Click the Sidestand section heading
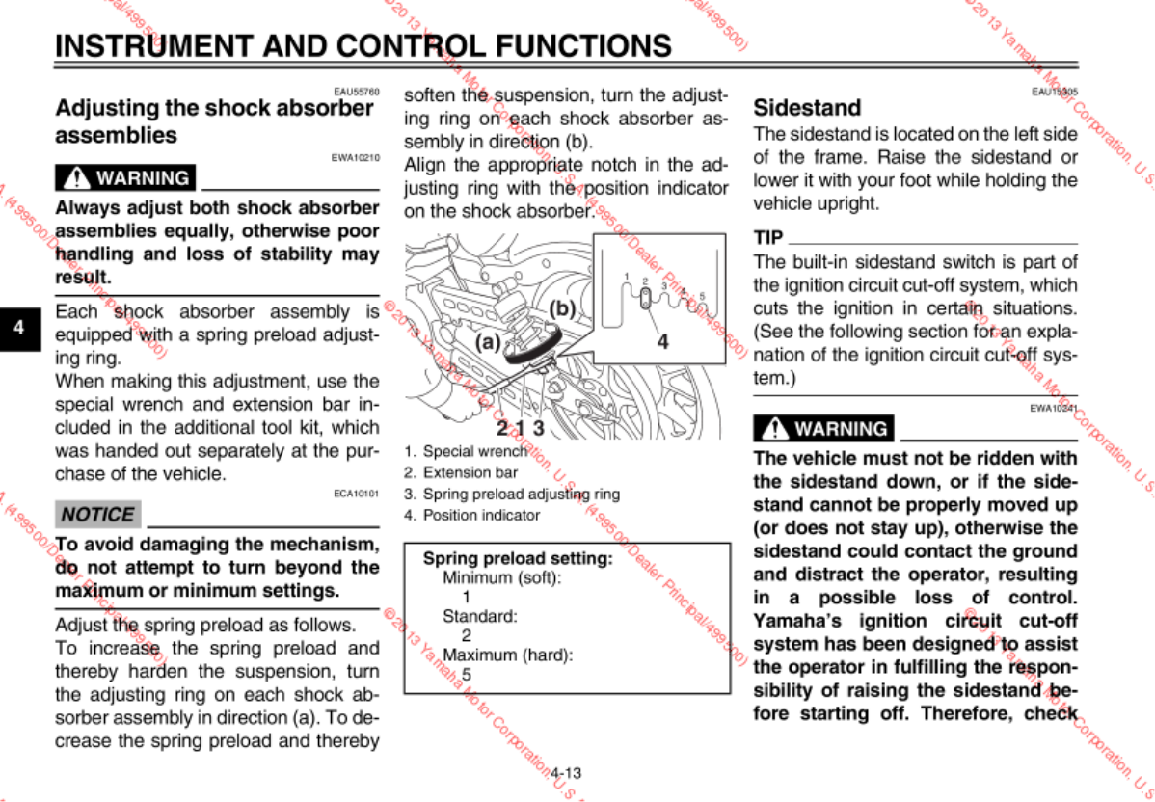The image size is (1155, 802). [806, 107]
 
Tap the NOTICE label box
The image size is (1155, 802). [98, 514]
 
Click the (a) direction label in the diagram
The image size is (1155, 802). [488, 341]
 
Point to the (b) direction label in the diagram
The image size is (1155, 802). [562, 308]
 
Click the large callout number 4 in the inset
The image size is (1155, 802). [662, 340]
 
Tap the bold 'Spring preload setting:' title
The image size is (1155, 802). [518, 558]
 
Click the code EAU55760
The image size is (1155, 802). [356, 92]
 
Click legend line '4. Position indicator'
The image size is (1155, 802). [471, 516]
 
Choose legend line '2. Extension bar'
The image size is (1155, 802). [461, 472]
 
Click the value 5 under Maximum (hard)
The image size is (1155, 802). [467, 675]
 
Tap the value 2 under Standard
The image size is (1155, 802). [467, 635]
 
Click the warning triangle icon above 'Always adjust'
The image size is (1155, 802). [75, 178]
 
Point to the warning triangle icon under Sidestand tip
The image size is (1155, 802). [773, 428]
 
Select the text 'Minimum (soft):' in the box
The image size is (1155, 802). [501, 577]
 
